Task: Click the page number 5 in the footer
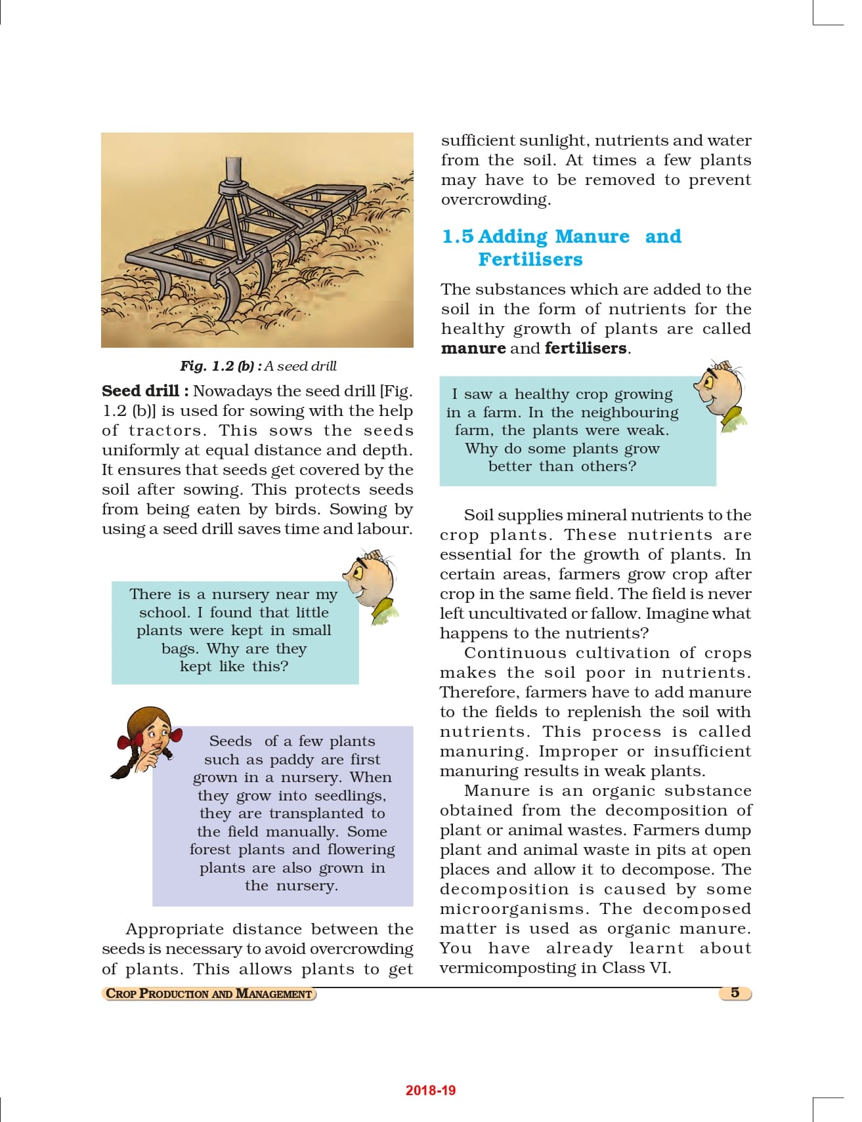click(735, 993)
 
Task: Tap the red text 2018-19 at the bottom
click(430, 1091)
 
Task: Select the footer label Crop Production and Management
click(209, 993)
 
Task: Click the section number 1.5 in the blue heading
click(458, 236)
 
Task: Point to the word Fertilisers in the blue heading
click(530, 259)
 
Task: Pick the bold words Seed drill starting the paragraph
click(140, 391)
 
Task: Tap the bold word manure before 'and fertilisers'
click(473, 348)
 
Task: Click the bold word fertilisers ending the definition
click(585, 348)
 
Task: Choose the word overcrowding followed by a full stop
click(494, 199)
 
